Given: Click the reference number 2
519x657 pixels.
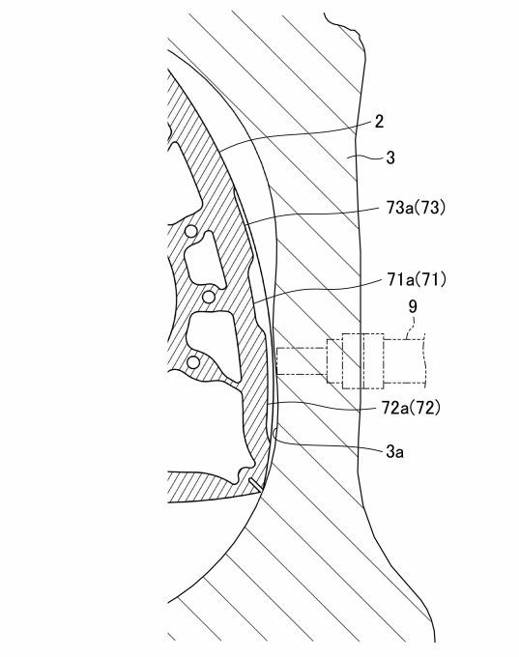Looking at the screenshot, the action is [x=379, y=122].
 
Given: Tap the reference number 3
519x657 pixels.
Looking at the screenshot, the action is [x=390, y=157].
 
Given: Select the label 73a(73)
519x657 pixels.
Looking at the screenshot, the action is [x=415, y=208].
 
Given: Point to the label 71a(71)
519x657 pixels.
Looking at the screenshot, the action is [x=416, y=279].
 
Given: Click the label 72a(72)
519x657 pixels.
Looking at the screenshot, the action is [x=411, y=408].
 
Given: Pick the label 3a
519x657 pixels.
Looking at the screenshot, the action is [x=395, y=451].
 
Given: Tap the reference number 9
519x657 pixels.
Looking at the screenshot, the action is [x=413, y=306].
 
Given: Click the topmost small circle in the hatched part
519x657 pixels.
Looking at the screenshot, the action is [x=190, y=231].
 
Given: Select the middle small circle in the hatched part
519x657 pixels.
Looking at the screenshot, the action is [x=209, y=297].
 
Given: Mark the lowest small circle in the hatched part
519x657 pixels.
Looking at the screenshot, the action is [x=193, y=362].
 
